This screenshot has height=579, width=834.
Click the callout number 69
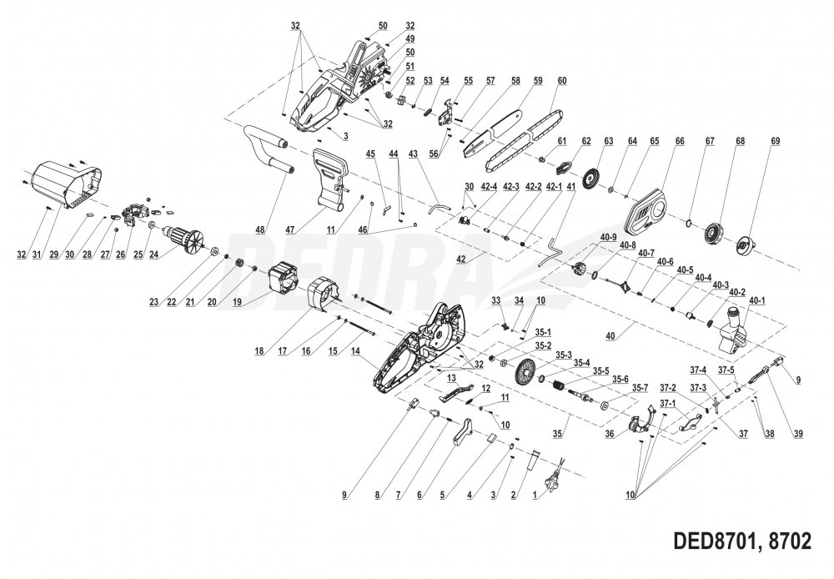(x=775, y=141)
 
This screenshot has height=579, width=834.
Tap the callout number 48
(x=261, y=230)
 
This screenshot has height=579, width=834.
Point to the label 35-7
(x=640, y=388)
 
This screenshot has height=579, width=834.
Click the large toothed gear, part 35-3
(x=524, y=372)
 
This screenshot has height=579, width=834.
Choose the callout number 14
(x=357, y=352)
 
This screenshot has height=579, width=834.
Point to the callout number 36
(x=610, y=434)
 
